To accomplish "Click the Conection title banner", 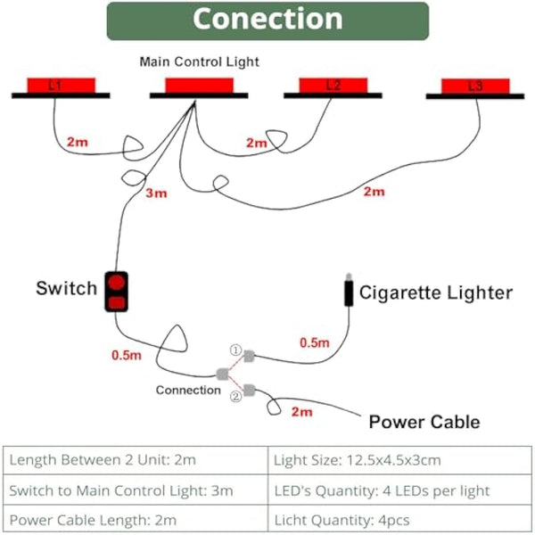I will tap(267, 21).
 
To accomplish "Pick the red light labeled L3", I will tap(475, 86).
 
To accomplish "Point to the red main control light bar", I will tap(197, 86).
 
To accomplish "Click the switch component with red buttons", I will tap(117, 292).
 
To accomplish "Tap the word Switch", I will tap(66, 289).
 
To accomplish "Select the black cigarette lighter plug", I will tap(344, 292).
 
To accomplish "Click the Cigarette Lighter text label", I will tap(434, 292).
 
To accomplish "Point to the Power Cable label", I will tap(424, 422).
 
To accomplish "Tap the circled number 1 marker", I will tap(235, 351).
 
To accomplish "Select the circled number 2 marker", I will tap(235, 397).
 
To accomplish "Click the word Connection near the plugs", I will tap(187, 390).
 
